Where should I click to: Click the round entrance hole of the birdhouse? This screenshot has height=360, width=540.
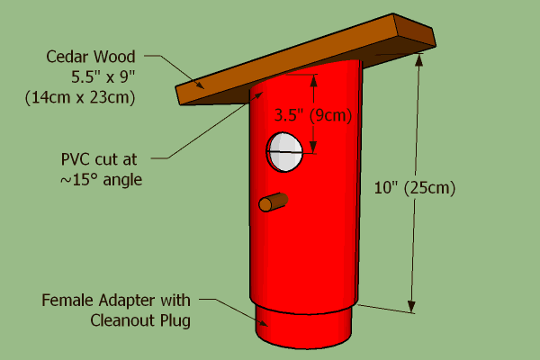click(284, 152)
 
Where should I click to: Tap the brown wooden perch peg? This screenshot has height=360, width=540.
click(273, 202)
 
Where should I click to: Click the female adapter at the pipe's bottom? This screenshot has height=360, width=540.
click(302, 323)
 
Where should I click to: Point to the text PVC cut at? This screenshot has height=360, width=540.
click(101, 159)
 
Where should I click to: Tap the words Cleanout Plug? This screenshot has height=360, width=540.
click(140, 319)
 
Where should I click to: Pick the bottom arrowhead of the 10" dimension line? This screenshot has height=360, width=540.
click(413, 307)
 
